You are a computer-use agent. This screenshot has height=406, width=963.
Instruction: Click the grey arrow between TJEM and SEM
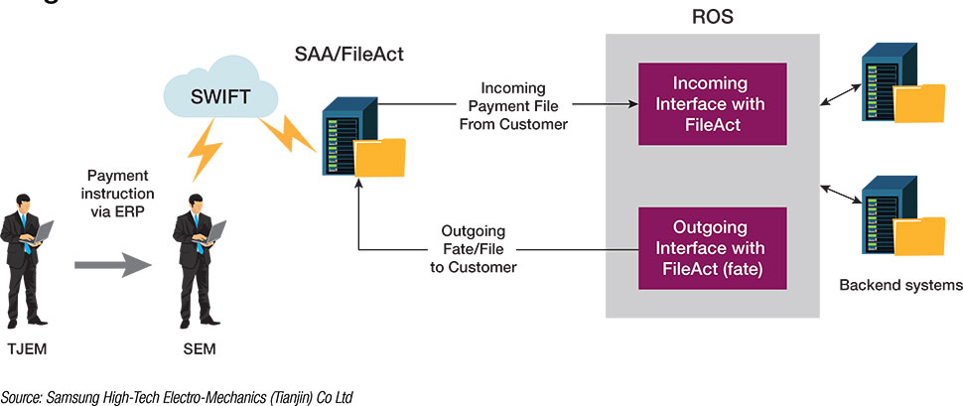pyautogui.click(x=114, y=265)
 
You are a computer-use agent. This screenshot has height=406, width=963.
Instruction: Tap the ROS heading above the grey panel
pyautogui.click(x=711, y=19)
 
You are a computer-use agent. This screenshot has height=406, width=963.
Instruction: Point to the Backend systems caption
pyautogui.click(x=899, y=286)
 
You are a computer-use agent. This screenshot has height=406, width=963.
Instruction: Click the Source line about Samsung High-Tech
pyautogui.click(x=178, y=396)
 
